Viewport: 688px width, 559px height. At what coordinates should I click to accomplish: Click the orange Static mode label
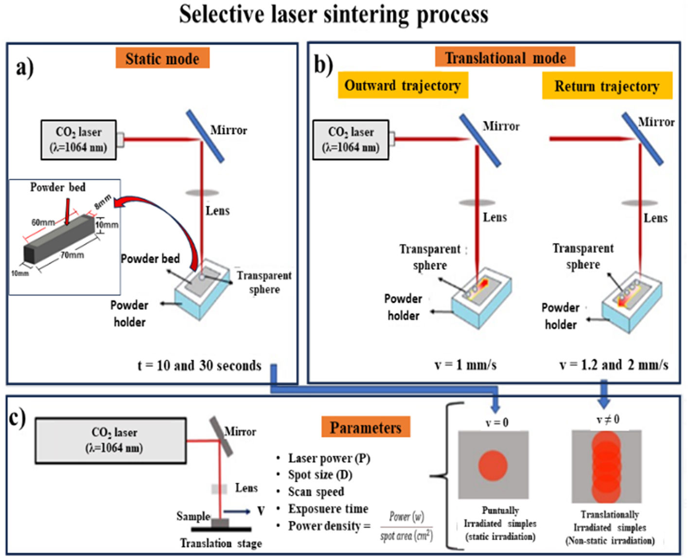click(162, 58)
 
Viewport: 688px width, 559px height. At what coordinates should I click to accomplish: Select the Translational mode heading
click(505, 57)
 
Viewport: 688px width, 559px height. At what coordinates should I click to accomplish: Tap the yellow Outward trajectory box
click(403, 86)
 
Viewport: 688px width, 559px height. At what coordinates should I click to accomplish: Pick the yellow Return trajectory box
click(607, 86)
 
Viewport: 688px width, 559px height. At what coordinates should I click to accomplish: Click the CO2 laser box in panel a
click(78, 140)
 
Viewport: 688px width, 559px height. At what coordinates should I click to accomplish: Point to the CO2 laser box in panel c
click(111, 440)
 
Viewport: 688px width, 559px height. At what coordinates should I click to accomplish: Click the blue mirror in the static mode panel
click(205, 136)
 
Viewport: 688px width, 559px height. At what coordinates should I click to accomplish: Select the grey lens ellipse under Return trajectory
click(639, 202)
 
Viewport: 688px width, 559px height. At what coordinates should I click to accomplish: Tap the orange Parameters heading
click(366, 427)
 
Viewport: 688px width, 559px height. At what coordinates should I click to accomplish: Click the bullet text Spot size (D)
click(320, 474)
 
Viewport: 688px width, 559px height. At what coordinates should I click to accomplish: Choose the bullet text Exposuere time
click(328, 508)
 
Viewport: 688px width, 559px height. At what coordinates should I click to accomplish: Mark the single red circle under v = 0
click(493, 466)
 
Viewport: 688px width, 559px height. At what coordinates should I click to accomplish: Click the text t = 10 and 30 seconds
click(199, 365)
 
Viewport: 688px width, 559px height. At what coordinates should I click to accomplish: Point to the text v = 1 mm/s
click(465, 364)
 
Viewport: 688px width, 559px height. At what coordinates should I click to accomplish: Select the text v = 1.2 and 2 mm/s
click(614, 364)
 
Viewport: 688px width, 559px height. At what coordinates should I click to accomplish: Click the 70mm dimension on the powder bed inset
click(72, 254)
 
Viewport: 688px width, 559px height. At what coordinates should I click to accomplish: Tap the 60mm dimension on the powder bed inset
click(43, 222)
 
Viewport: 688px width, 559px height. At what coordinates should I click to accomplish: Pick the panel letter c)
click(18, 417)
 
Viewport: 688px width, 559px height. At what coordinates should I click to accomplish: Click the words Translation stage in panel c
click(221, 543)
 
